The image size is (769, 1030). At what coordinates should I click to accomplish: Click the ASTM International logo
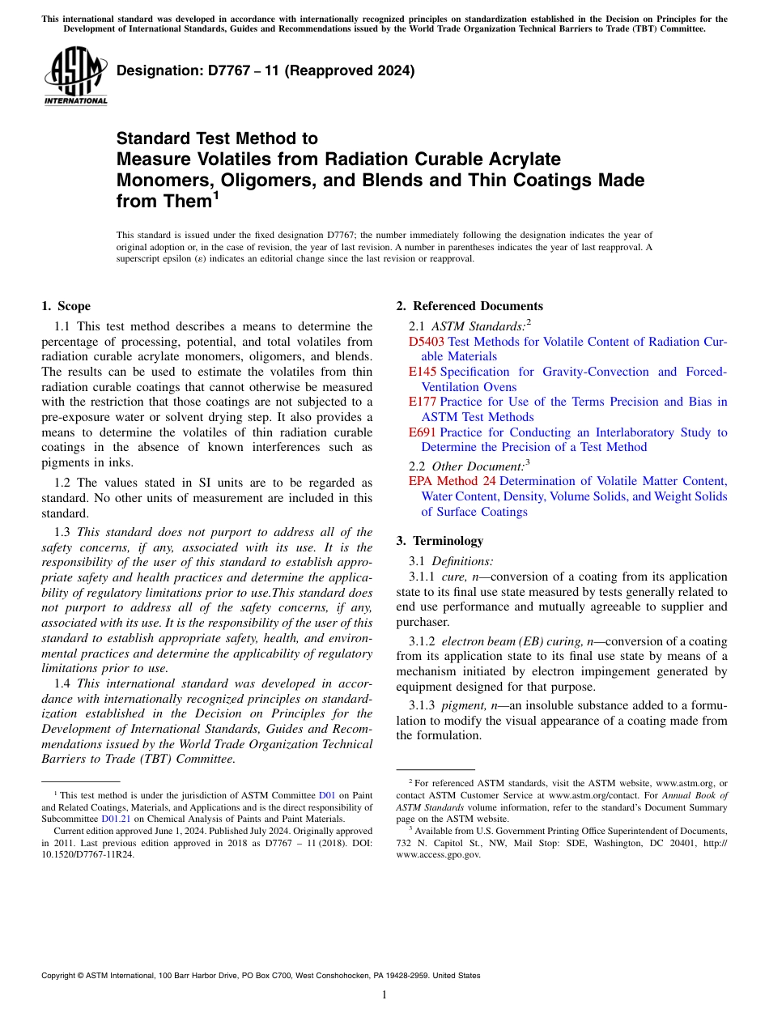pyautogui.click(x=75, y=75)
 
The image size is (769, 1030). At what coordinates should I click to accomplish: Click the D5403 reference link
pyautogui.click(x=427, y=342)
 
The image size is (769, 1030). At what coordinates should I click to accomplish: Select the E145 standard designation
pyautogui.click(x=422, y=372)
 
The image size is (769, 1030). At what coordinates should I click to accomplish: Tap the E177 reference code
pyautogui.click(x=422, y=402)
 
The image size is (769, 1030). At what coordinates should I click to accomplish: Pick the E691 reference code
pyautogui.click(x=422, y=432)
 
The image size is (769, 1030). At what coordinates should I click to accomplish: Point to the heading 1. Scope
pyautogui.click(x=66, y=306)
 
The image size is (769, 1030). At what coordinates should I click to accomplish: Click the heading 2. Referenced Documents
pyautogui.click(x=469, y=306)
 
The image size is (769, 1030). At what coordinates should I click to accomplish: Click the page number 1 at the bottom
pyautogui.click(x=384, y=995)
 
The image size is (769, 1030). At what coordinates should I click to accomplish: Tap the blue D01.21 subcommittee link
pyautogui.click(x=116, y=819)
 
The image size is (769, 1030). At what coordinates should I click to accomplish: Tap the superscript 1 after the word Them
pyautogui.click(x=215, y=195)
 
